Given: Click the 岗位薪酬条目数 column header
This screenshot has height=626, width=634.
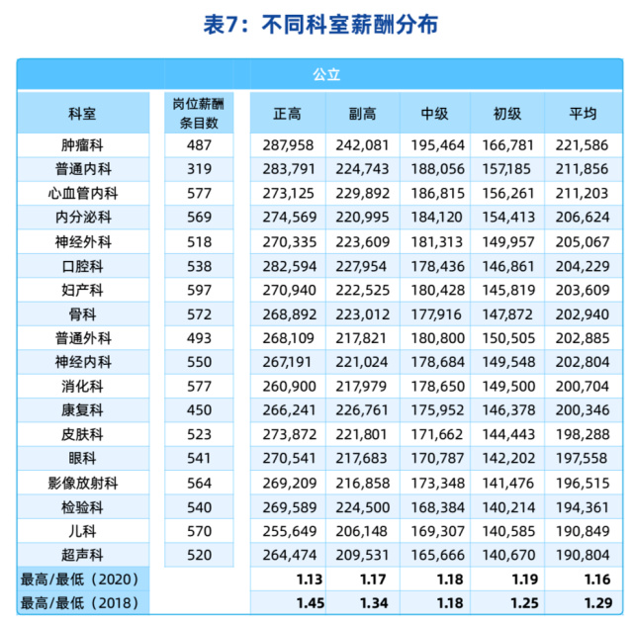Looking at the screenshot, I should (x=198, y=114).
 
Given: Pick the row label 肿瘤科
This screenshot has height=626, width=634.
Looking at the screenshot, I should (x=83, y=145).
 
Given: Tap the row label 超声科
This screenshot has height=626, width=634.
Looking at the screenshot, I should (x=83, y=554).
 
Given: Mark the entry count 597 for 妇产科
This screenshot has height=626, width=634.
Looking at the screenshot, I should (x=198, y=290).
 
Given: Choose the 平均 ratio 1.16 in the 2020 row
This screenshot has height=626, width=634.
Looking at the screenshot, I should (x=596, y=578).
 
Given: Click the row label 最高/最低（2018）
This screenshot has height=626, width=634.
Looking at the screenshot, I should (x=83, y=601).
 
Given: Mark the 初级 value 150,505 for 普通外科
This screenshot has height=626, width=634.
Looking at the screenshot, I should (x=507, y=338).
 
